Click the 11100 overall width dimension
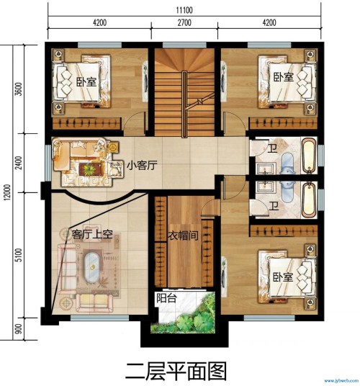[x=184, y=10]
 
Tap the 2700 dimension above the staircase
[x=184, y=22]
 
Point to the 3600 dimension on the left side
[x=19, y=89]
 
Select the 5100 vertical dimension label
[x=19, y=255]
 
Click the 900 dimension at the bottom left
[x=19, y=328]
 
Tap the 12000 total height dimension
[x=7, y=192]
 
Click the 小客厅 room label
[x=142, y=165]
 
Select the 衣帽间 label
[x=183, y=235]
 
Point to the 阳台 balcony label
[x=166, y=298]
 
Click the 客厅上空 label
[x=92, y=234]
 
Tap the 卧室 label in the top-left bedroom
[x=86, y=81]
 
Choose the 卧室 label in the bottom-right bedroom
[x=283, y=277]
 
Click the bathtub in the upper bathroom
[x=309, y=156]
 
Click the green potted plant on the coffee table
[x=89, y=169]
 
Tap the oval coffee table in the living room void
[x=92, y=267]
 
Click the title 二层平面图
[x=176, y=371]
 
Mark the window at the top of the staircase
[x=184, y=45]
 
